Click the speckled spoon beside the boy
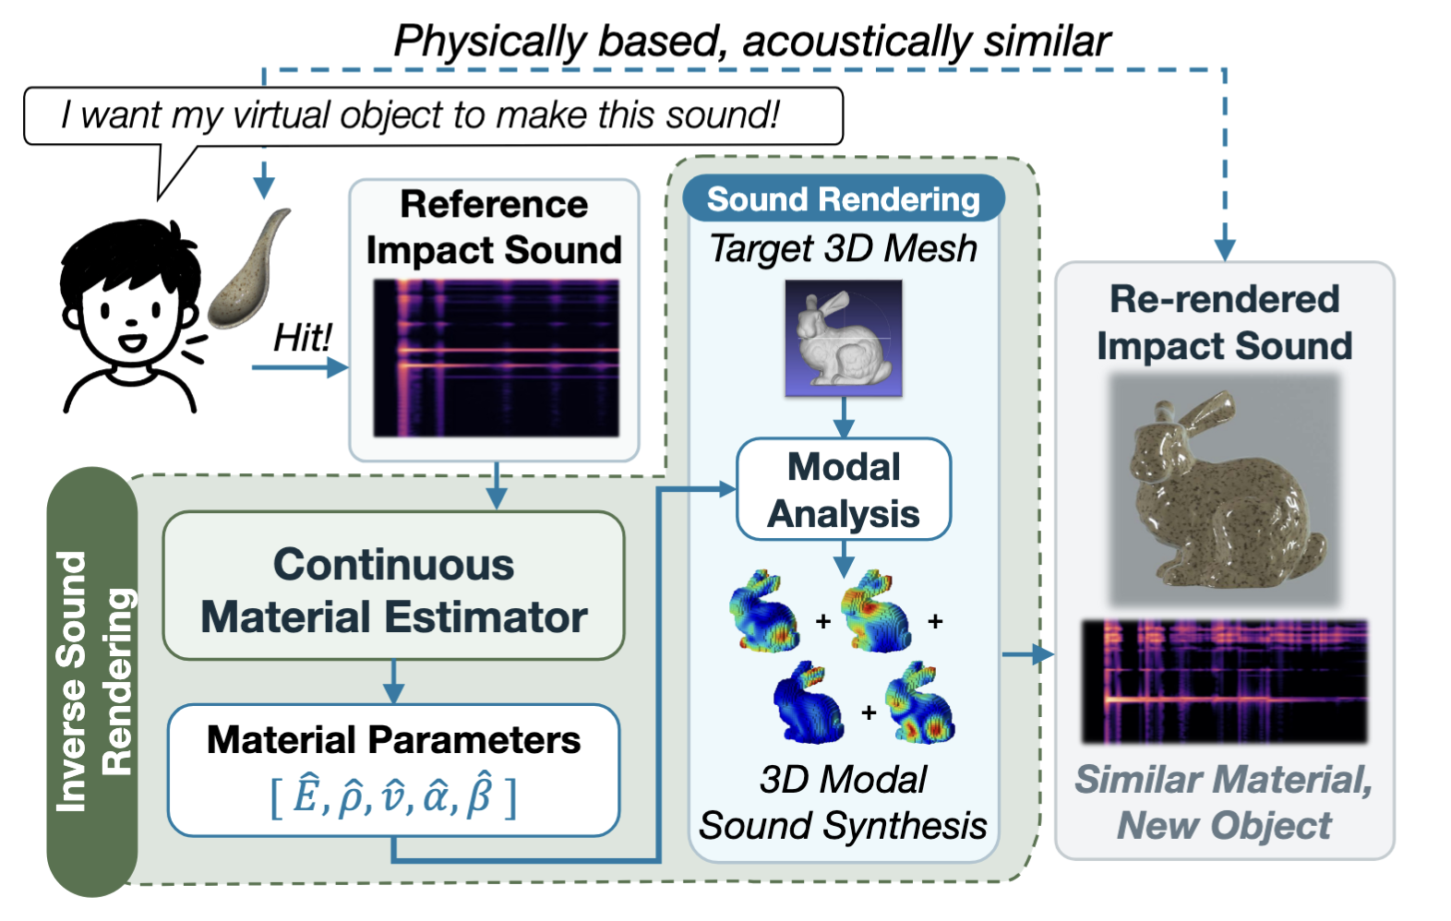click(x=249, y=269)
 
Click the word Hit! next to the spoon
click(x=303, y=338)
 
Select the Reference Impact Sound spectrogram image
click(x=497, y=357)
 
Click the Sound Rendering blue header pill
click(x=844, y=198)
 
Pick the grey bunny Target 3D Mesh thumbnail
click(x=844, y=338)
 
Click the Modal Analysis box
click(x=844, y=490)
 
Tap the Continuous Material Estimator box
click(x=394, y=586)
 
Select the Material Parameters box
click(x=394, y=771)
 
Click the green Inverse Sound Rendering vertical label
click(x=92, y=681)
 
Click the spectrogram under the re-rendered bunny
click(x=1224, y=681)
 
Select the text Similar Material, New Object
click(x=1224, y=802)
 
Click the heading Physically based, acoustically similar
click(x=752, y=42)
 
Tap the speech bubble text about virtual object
click(x=420, y=115)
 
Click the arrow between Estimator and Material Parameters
click(x=393, y=681)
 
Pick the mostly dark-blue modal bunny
click(x=809, y=702)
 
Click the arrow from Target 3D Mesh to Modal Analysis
click(x=844, y=417)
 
